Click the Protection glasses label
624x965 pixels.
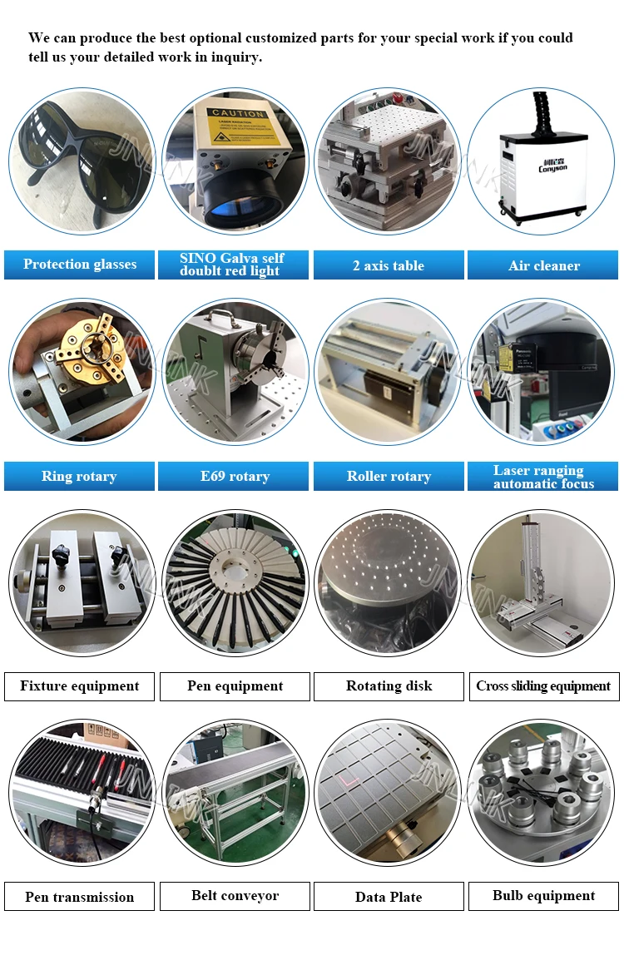[x=80, y=265]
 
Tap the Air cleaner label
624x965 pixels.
[x=544, y=265]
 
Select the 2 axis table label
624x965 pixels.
[x=389, y=265]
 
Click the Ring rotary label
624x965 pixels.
[x=79, y=477]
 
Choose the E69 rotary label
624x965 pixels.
[x=235, y=477]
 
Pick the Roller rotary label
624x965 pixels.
[x=389, y=477]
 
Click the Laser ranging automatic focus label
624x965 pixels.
[x=543, y=477]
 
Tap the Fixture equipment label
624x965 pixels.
[x=80, y=686]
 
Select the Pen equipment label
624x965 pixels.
[x=235, y=686]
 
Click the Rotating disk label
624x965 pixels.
[x=389, y=686]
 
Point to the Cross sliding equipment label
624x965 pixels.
[x=543, y=686]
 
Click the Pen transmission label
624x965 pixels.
[x=80, y=897]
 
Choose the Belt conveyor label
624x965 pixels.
[x=235, y=896]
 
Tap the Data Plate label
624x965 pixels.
[x=389, y=897]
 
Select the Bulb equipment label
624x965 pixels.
[x=543, y=896]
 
